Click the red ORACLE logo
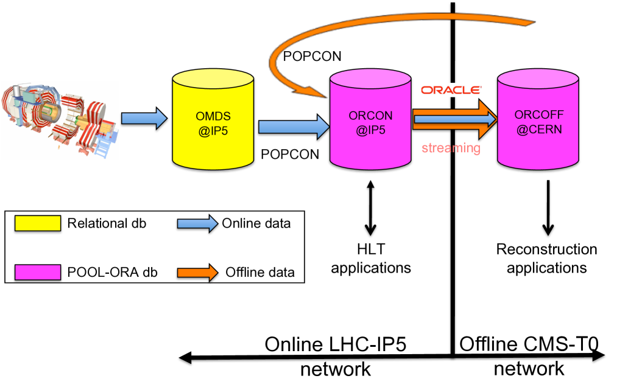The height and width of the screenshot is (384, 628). tap(451, 90)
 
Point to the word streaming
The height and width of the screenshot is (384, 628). tap(451, 148)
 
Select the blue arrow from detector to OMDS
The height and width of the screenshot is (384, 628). tap(144, 118)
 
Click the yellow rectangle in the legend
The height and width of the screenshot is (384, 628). tap(38, 223)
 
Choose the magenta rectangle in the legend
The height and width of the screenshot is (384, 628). tap(38, 272)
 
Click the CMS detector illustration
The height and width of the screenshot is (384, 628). tap(60, 120)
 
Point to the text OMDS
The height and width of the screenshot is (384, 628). tap(213, 117)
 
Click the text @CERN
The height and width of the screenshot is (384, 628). tap(538, 129)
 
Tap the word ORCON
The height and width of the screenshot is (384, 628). tap(370, 116)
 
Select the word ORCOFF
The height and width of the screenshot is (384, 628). tap(538, 115)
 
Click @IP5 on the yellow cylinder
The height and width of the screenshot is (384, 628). tap(213, 130)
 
